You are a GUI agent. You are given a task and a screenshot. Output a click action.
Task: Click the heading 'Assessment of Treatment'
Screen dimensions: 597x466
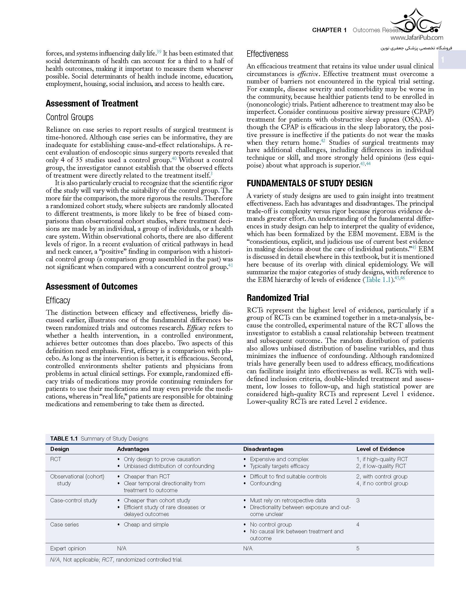[92, 103]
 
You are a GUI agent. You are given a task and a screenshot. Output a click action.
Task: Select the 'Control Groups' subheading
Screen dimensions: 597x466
[70, 117]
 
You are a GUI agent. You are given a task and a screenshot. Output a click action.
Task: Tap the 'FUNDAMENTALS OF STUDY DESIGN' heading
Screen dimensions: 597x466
[309, 183]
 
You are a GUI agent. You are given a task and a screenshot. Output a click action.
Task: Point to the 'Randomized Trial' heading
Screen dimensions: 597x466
[278, 298]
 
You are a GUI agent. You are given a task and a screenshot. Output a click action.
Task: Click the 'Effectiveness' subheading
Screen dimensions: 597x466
[267, 54]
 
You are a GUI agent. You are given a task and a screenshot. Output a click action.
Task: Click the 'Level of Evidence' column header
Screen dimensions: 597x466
[380, 449]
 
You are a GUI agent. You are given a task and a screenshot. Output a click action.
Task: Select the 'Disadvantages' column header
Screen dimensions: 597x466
[263, 449]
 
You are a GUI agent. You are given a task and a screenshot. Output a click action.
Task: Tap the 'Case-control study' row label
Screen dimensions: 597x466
[73, 500]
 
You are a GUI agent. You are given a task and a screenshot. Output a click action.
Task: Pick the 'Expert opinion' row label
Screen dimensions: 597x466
[68, 548]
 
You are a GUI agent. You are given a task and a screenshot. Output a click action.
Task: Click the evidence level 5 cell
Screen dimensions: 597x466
[358, 548]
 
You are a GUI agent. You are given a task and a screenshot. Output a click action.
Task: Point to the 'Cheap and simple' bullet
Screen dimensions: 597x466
[146, 524]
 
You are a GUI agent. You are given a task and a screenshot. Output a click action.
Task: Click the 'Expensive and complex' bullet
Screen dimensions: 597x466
[279, 459]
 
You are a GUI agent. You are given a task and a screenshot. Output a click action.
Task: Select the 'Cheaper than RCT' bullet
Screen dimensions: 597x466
[147, 476]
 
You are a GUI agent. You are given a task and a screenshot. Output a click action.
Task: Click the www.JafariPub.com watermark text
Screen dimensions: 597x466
[417, 38]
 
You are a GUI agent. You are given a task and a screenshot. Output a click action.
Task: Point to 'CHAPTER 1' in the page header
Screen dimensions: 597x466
[329, 30]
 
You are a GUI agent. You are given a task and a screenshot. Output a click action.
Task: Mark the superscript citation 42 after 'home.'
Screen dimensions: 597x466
[323, 141]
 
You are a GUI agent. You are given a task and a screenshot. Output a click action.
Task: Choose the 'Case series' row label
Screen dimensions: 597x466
[64, 524]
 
